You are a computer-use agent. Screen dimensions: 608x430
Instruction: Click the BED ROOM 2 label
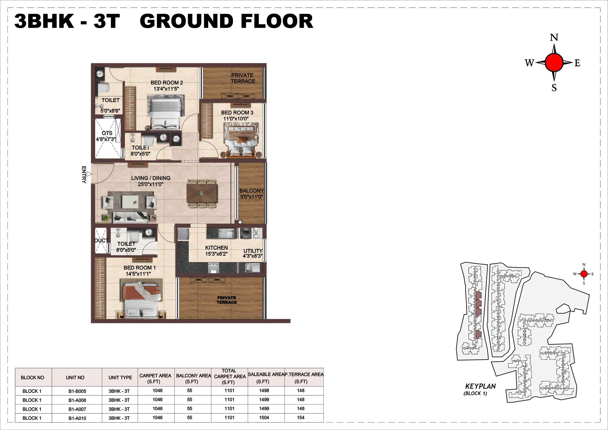pos(166,83)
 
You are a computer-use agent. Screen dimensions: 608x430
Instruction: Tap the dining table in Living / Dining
pos(202,193)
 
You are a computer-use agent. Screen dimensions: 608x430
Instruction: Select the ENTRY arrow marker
pos(89,174)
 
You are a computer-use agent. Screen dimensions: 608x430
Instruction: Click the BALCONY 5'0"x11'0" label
pos(251,194)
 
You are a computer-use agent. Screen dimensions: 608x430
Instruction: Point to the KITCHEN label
pos(216,248)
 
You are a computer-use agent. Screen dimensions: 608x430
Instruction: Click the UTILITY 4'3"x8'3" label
pos(253,253)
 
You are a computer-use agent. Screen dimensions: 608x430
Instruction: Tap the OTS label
pos(107,133)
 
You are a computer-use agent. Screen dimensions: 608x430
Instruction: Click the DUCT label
pos(101,241)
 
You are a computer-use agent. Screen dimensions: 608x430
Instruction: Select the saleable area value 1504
pos(264,418)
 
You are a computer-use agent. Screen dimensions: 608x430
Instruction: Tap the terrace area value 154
pos(301,418)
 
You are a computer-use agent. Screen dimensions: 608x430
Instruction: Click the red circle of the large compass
pos(554,62)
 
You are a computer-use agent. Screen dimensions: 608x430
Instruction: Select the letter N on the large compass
pos(554,38)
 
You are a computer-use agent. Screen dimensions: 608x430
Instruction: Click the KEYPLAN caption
pos(480,386)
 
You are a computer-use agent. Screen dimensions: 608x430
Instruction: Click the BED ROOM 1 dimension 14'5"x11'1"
pos(138,274)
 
